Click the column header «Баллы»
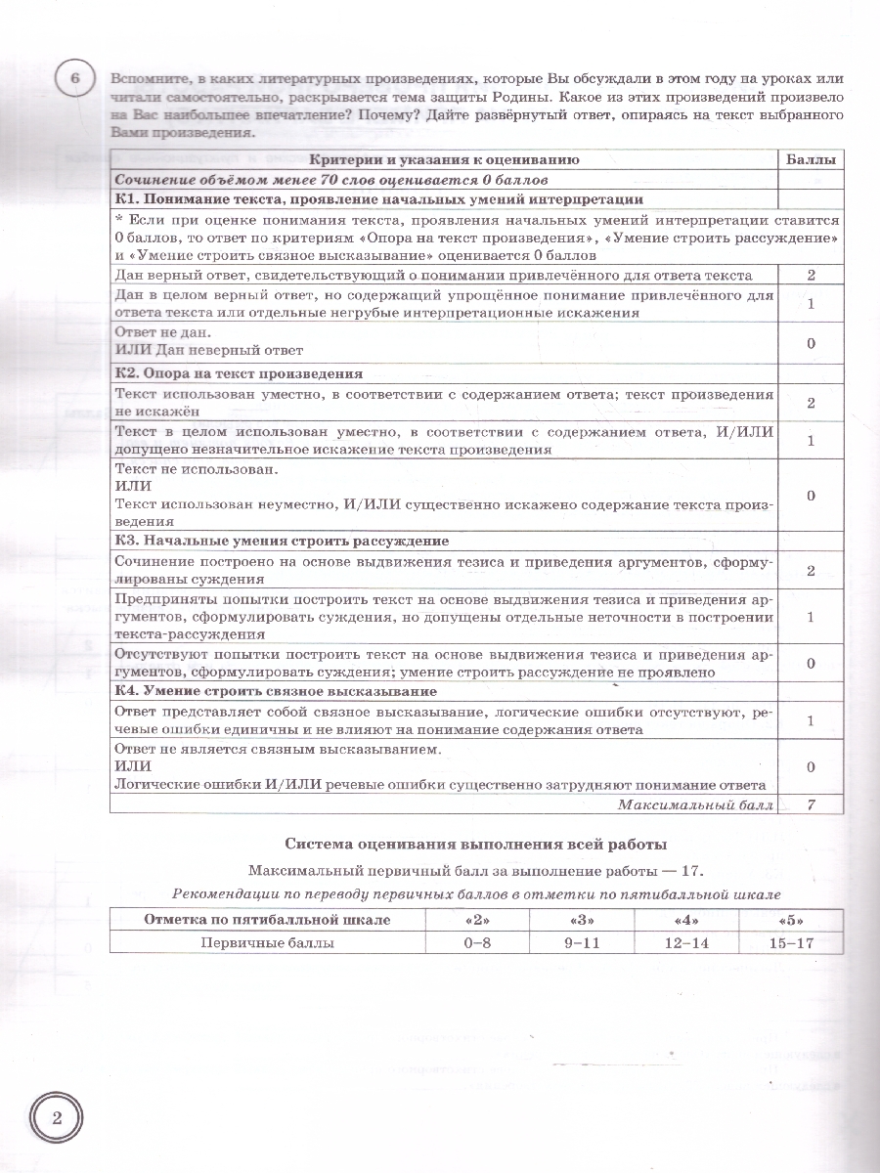tap(812, 159)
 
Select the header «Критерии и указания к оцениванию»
tap(445, 159)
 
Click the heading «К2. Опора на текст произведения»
tap(239, 373)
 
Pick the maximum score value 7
tap(812, 804)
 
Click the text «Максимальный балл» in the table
tap(695, 804)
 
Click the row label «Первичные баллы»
tap(267, 942)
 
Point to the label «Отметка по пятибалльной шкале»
tap(267, 920)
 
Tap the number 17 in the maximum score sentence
tap(689, 869)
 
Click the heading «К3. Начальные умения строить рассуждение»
tap(282, 541)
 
